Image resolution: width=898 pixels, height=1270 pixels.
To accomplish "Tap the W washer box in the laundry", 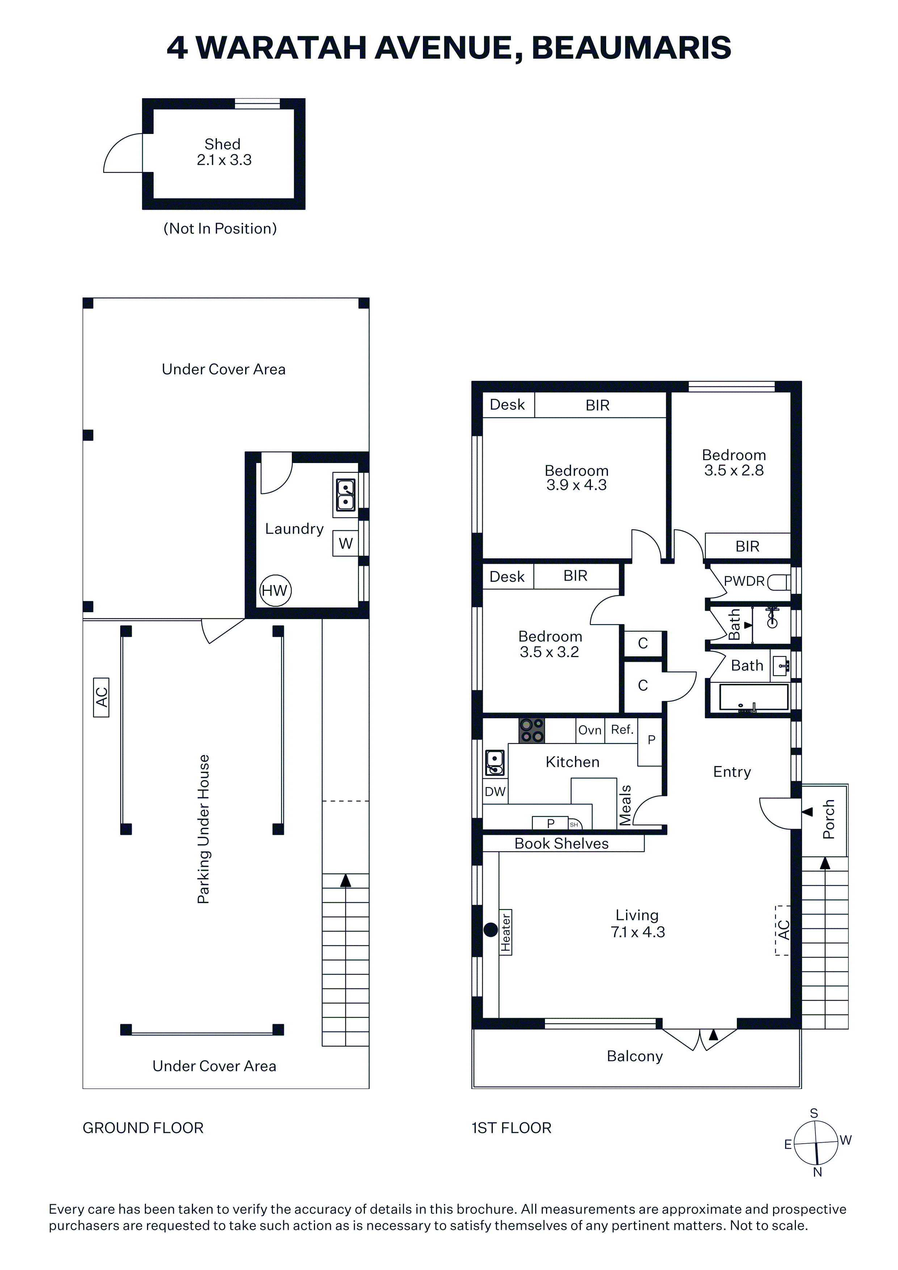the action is pos(345,543).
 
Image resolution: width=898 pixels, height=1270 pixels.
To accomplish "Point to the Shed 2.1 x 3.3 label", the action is pos(223,152).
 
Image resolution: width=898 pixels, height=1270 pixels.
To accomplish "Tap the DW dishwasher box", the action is pos(495,791).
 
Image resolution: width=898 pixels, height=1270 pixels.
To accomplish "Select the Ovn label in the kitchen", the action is pos(590,730).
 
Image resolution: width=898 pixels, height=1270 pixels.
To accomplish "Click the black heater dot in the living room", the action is pos(491,930).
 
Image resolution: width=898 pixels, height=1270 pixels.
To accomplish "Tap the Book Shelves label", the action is pos(562,844).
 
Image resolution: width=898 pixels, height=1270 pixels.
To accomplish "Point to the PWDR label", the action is pos(744,581).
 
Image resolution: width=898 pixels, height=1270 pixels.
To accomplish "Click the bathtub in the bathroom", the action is pos(753,698).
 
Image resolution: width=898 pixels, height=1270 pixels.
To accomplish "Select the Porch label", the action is pos(828,819).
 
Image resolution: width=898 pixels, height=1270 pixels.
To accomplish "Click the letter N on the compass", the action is pos(818,1172).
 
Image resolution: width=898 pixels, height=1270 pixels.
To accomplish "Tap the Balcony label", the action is pos(635,1056).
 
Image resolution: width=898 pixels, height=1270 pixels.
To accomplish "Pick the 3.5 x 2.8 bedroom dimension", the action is pos(734,470).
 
